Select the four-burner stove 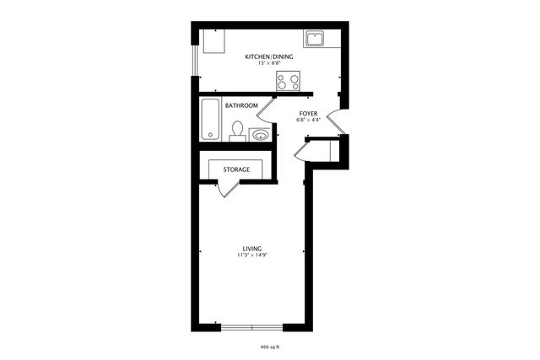point(289,81)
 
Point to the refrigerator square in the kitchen point(212,40)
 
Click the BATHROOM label point(241,105)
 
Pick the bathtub point(211,120)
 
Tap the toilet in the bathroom point(238,130)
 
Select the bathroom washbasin point(260,133)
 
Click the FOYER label point(308,112)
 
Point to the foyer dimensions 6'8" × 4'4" point(308,119)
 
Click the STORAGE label point(236,169)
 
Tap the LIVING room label point(251,248)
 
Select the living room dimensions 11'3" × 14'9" point(251,255)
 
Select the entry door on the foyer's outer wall point(336,122)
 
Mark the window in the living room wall point(251,326)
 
